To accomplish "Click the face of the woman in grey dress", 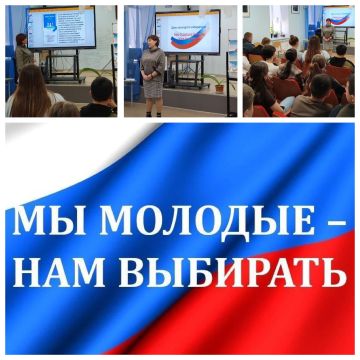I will click(x=155, y=43).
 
